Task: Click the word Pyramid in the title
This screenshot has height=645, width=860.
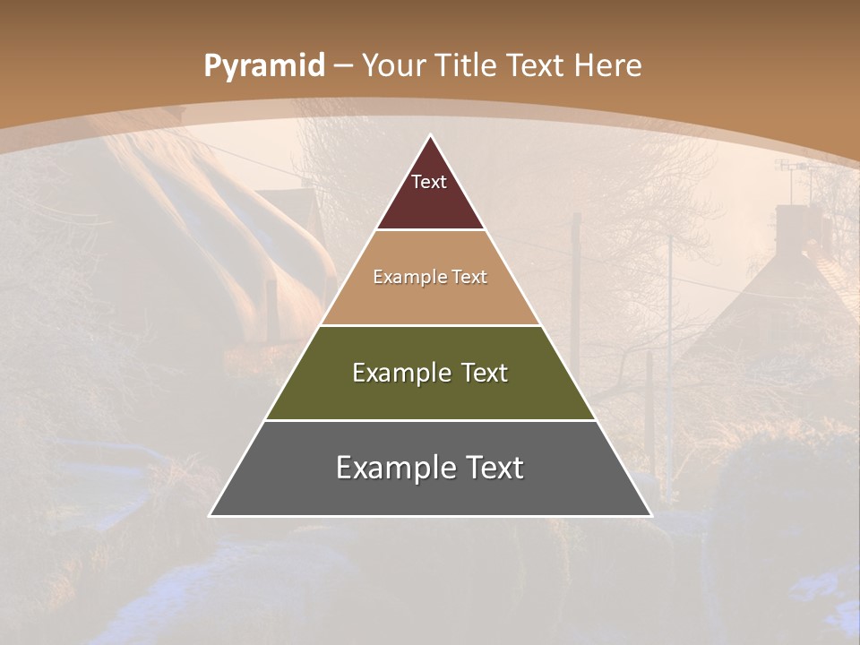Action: tap(263, 66)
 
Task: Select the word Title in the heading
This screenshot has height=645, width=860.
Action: tap(468, 66)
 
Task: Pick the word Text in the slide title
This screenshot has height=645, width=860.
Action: tap(537, 66)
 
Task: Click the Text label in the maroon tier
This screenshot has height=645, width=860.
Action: tap(429, 182)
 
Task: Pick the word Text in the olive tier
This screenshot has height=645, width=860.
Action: tap(483, 373)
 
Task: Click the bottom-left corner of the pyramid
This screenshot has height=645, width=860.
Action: tap(211, 515)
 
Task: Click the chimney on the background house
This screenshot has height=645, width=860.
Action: tap(792, 227)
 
